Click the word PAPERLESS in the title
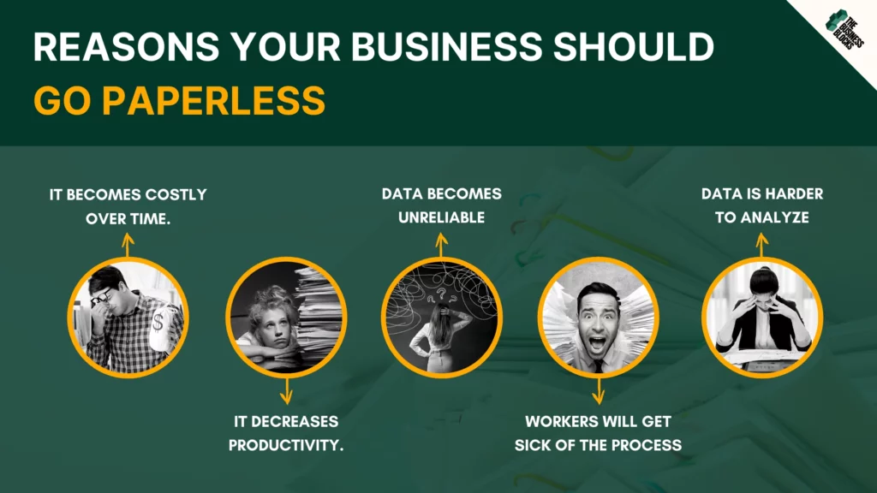[x=213, y=101]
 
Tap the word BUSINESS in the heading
[x=446, y=46]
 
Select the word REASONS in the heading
[x=127, y=46]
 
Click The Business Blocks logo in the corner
[x=844, y=30]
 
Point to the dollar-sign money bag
[x=162, y=326]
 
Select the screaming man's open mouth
[x=597, y=342]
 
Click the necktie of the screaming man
[x=599, y=366]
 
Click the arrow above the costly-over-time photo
[x=128, y=246]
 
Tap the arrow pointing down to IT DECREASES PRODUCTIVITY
[x=286, y=391]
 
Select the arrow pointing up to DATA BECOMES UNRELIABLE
[x=442, y=246]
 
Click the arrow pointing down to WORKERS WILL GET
[x=599, y=391]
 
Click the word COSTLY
[x=176, y=194]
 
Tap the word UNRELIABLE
[x=441, y=217]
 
